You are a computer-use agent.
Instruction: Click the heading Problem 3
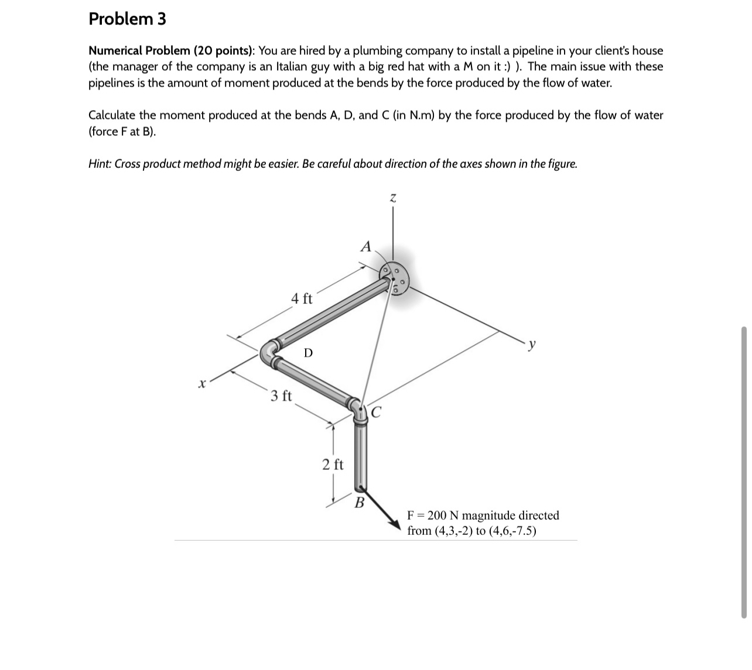point(127,19)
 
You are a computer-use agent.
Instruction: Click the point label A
point(365,246)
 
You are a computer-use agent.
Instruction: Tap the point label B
point(360,502)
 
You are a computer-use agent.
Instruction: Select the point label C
point(376,413)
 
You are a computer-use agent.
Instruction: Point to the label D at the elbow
point(308,353)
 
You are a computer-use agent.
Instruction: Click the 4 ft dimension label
point(302,298)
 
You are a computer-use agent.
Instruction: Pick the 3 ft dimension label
point(281,396)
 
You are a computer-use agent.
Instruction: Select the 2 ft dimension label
point(333,465)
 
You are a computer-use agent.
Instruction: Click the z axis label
point(393,200)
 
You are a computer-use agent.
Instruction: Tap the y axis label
point(531,345)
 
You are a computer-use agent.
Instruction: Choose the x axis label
point(201,384)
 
